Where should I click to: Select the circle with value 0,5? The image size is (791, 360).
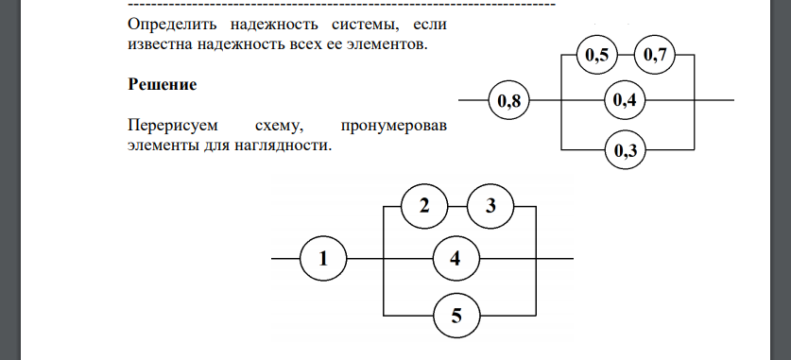point(596,57)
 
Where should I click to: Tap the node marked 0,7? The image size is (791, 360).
point(654,57)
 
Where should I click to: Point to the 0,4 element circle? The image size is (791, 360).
point(624,100)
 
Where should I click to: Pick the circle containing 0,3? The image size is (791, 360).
point(624,149)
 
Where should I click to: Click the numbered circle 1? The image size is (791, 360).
point(323,257)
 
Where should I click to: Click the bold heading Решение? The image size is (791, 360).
point(162,84)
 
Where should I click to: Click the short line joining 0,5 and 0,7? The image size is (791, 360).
point(626,57)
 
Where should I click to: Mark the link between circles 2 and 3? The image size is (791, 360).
point(457,206)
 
